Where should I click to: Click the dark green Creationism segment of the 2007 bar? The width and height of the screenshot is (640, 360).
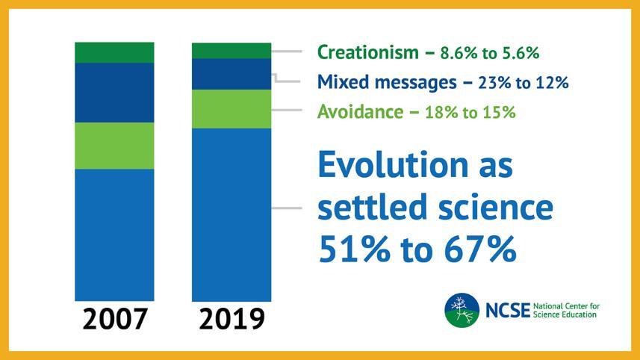(x=114, y=52)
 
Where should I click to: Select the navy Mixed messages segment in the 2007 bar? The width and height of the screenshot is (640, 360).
(x=114, y=93)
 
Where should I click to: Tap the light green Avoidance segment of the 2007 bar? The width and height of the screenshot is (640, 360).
(x=114, y=146)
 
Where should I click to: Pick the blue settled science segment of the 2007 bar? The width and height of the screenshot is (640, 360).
(x=114, y=235)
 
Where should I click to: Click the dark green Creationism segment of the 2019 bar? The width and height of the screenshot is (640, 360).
(x=231, y=50)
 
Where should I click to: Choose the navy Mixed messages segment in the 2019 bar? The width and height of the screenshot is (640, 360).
(x=231, y=74)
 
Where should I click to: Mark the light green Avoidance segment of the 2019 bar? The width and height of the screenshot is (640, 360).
(x=231, y=109)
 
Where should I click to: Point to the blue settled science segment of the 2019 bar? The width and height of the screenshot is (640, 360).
(x=231, y=215)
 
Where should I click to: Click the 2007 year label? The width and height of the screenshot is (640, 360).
(x=114, y=320)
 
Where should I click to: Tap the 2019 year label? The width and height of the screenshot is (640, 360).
(x=232, y=320)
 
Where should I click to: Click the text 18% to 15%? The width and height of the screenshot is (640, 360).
(x=470, y=113)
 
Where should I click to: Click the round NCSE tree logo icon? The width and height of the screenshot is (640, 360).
(x=462, y=310)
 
